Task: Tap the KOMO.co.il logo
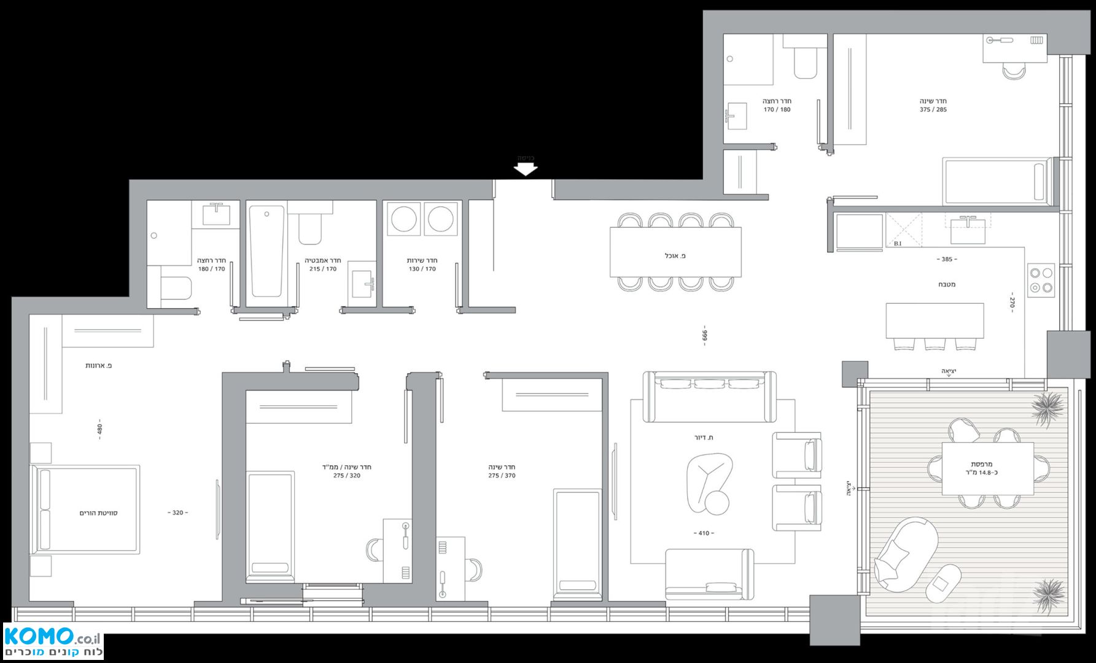pyautogui.click(x=53, y=641)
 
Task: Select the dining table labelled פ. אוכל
pyautogui.click(x=675, y=252)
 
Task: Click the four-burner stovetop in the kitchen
pyautogui.click(x=1041, y=280)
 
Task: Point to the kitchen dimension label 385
pyautogui.click(x=947, y=259)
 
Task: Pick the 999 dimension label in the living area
pyautogui.click(x=705, y=335)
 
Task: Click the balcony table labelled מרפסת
pyautogui.click(x=988, y=468)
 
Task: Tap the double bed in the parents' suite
pyautogui.click(x=85, y=510)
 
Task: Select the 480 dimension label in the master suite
pyautogui.click(x=99, y=428)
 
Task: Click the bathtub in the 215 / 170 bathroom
pyautogui.click(x=268, y=252)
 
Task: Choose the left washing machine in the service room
pyautogui.click(x=403, y=219)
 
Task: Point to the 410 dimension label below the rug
pyautogui.click(x=704, y=533)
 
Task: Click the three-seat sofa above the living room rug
pyautogui.click(x=709, y=397)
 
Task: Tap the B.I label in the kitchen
pyautogui.click(x=898, y=244)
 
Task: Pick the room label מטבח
pyautogui.click(x=947, y=284)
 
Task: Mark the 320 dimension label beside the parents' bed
pyautogui.click(x=178, y=513)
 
